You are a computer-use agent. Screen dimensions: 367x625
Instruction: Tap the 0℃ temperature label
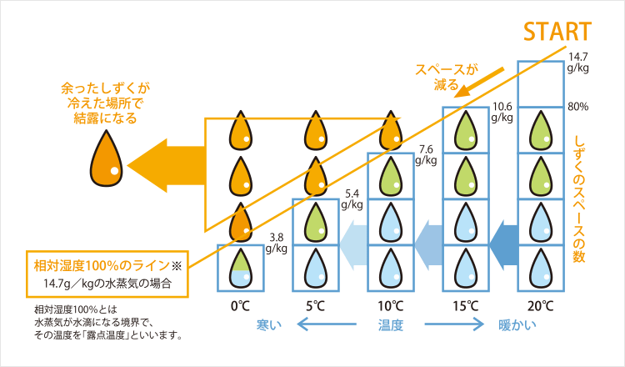(x=241, y=305)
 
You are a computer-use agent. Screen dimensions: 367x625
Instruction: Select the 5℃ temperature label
(x=315, y=305)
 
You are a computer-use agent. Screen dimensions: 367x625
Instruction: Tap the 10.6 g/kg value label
(x=502, y=112)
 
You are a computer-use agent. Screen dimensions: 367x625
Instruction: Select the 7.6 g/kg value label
(x=427, y=154)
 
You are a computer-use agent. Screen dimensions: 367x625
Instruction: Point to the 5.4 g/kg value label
(x=352, y=199)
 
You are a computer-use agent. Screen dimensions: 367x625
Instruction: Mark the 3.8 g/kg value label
(x=277, y=242)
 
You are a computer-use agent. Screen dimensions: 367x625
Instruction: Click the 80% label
(x=577, y=107)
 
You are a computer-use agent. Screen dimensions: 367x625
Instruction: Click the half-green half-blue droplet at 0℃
(x=240, y=268)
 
